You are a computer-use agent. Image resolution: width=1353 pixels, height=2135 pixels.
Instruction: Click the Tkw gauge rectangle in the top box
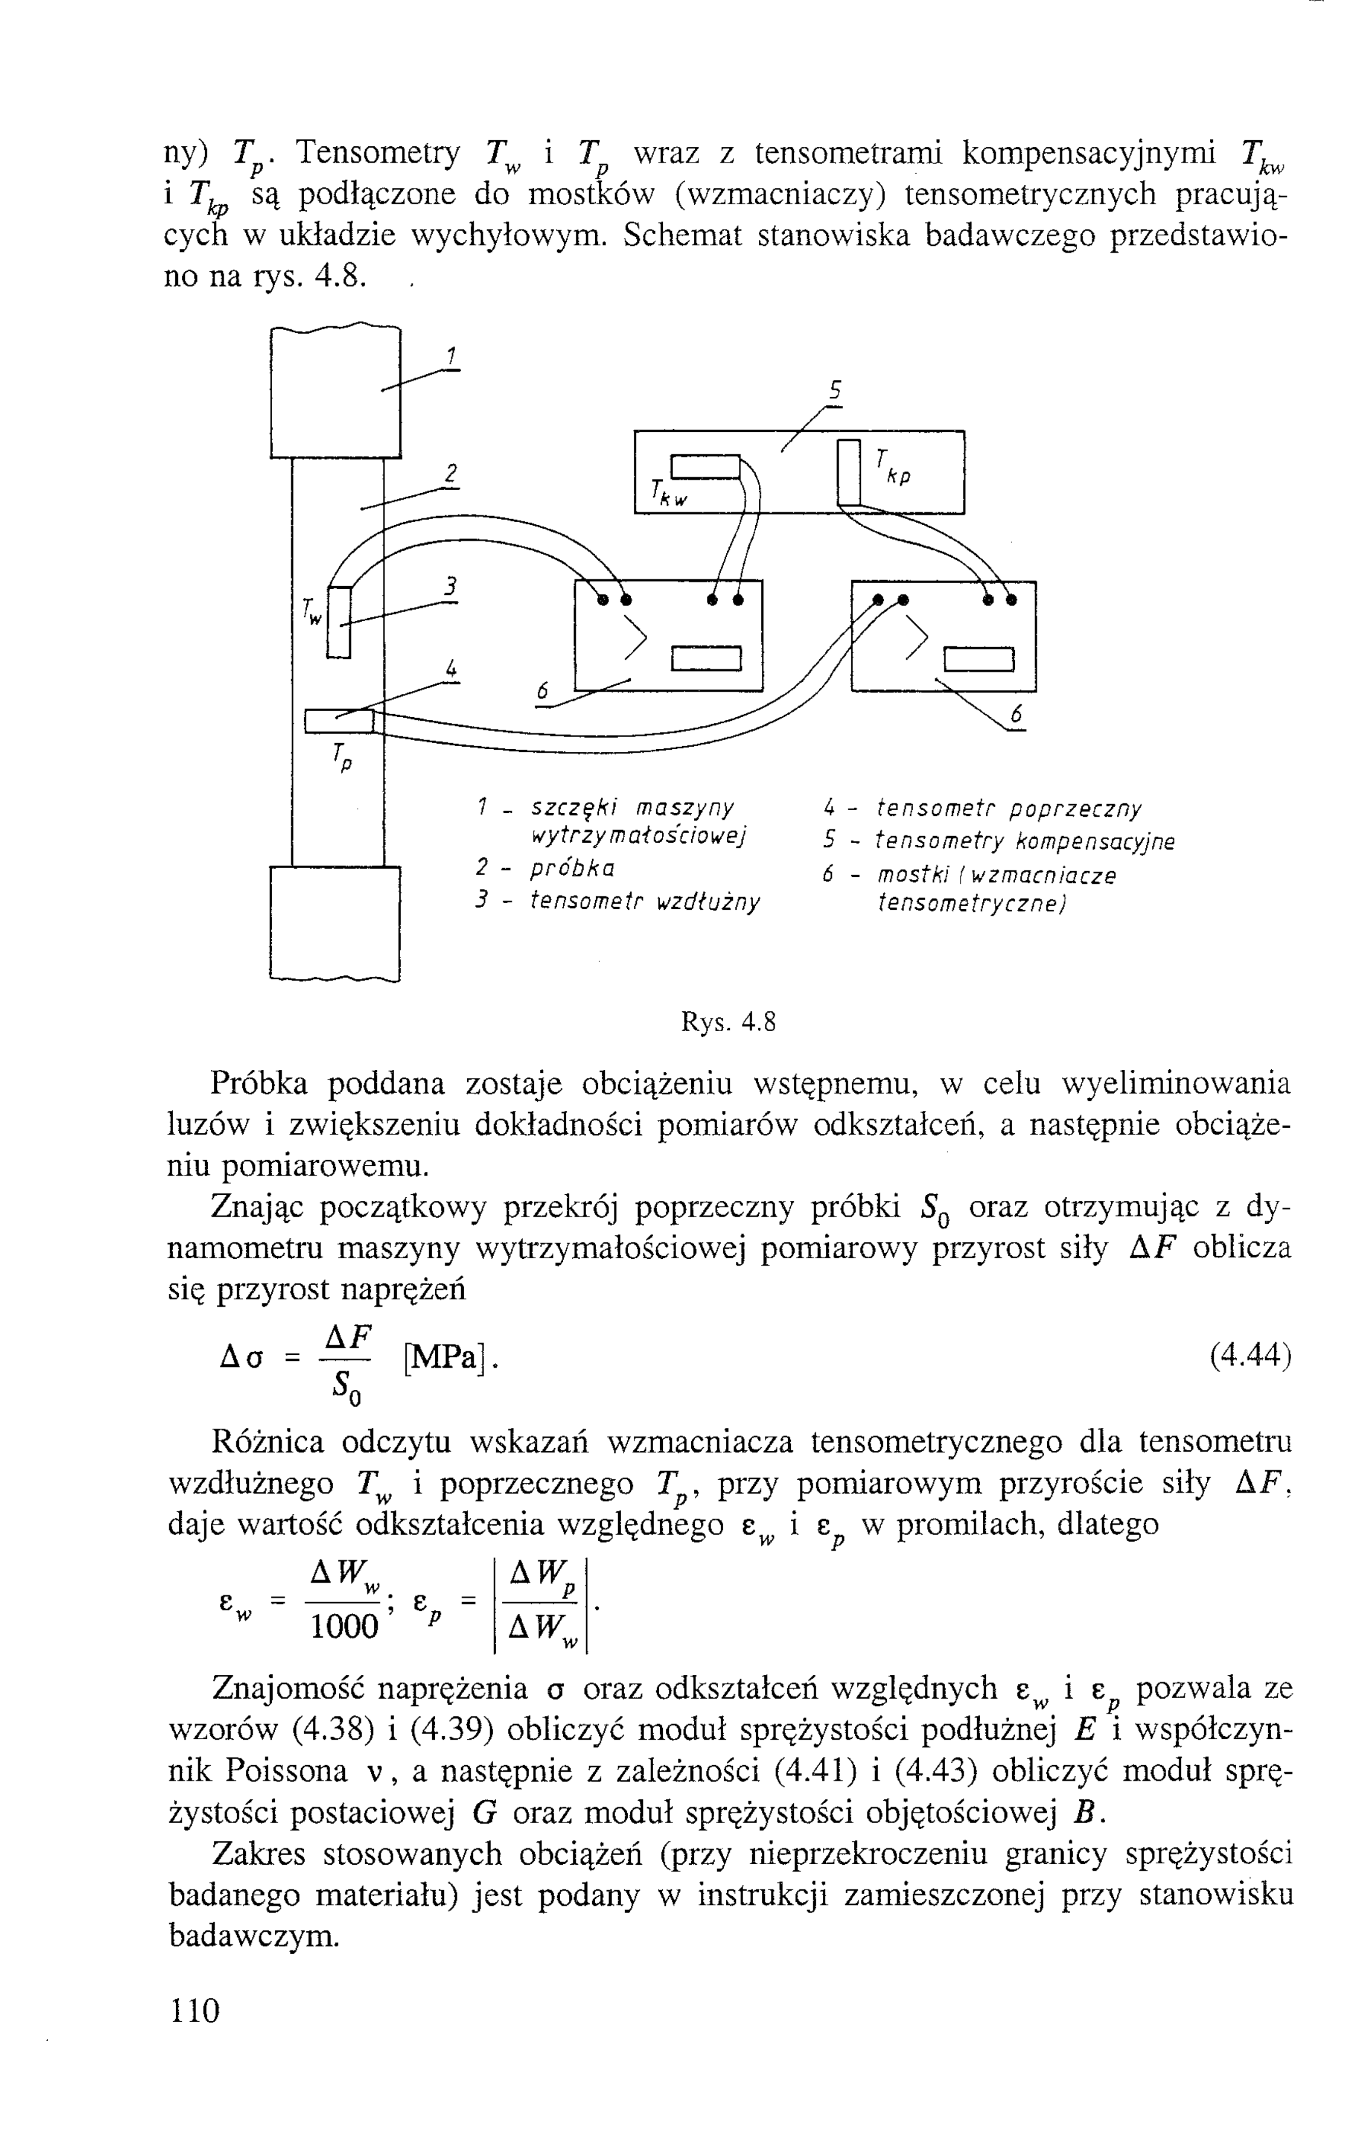[x=705, y=465]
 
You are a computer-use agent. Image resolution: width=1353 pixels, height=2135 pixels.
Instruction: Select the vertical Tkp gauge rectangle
[x=849, y=472]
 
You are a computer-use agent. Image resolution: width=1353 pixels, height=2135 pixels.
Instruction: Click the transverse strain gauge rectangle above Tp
[x=340, y=721]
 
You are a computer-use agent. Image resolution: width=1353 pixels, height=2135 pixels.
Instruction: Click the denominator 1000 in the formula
[x=345, y=1627]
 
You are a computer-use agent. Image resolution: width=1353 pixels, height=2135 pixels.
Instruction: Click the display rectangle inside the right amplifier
[x=979, y=660]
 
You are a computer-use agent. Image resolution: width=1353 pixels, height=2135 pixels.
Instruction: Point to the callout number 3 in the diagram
[x=450, y=586]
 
